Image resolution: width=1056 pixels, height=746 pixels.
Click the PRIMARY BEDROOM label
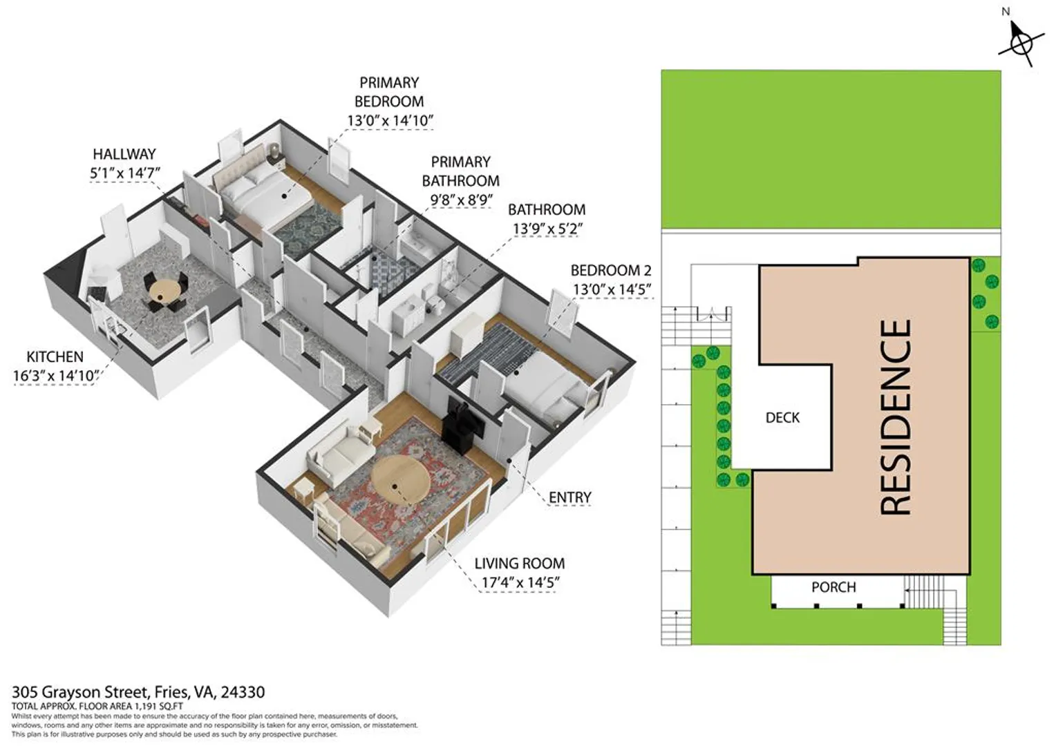[x=389, y=92]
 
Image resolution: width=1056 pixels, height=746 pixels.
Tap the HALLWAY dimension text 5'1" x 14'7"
[x=125, y=173]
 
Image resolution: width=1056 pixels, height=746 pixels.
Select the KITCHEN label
[x=55, y=356]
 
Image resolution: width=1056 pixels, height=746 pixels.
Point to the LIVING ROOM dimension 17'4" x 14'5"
[x=520, y=583]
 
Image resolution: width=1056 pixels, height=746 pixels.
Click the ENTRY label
[x=570, y=497]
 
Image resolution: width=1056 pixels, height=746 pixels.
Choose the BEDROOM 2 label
[x=611, y=271]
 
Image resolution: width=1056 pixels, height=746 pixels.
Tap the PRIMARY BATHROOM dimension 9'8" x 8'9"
[x=461, y=200]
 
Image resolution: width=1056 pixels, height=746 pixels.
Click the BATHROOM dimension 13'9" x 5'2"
[x=547, y=229]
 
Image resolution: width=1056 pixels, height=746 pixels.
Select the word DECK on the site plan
[x=782, y=417]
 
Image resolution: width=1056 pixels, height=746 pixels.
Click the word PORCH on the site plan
[x=833, y=587]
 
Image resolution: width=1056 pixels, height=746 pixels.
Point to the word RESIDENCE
[x=896, y=417]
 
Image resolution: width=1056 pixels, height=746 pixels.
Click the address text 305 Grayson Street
[x=79, y=692]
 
